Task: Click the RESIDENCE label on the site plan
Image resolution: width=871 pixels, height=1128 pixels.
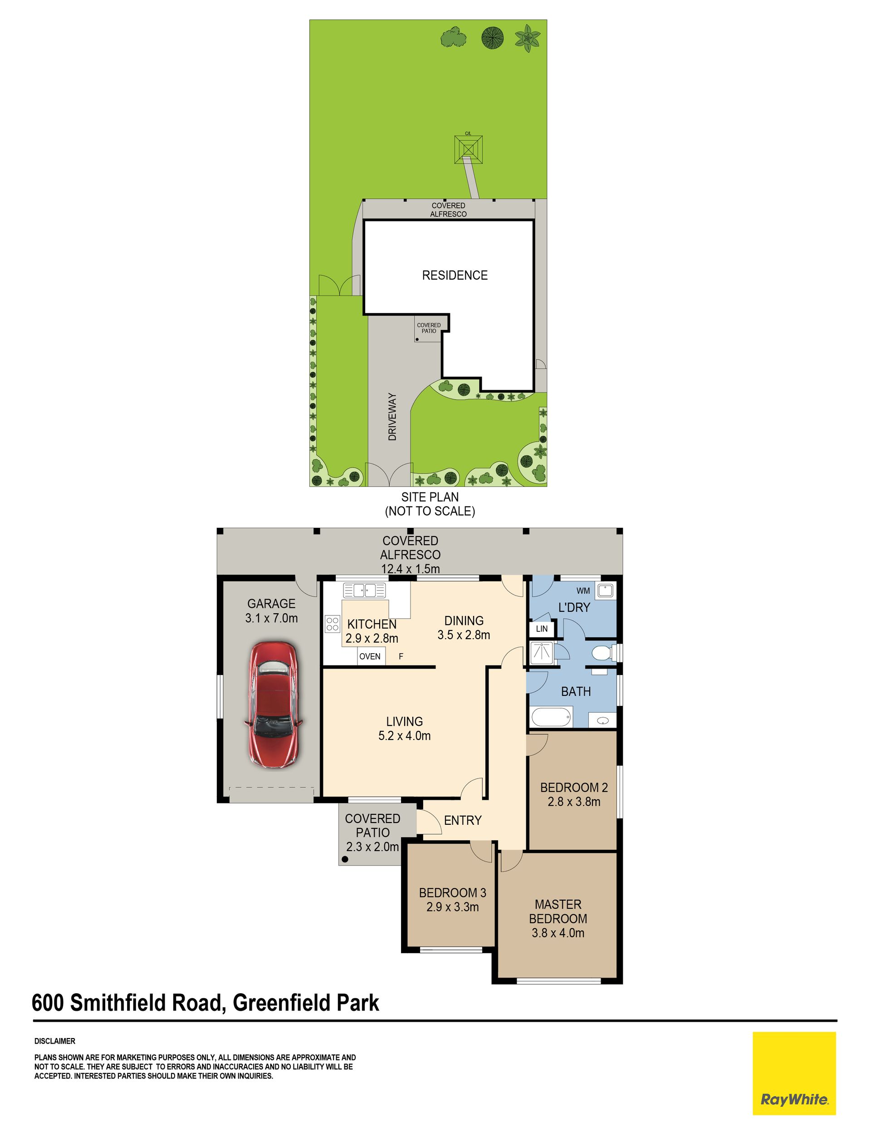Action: click(x=455, y=275)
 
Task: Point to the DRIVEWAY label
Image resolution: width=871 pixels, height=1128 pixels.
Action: click(x=392, y=417)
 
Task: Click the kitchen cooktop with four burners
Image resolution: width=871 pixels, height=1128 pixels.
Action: click(x=333, y=624)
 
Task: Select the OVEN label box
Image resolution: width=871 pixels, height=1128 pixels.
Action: click(x=370, y=656)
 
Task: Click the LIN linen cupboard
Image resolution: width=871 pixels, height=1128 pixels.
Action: click(x=542, y=629)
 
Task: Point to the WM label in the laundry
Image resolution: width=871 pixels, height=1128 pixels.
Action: click(x=583, y=591)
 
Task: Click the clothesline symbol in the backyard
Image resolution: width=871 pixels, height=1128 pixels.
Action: click(x=468, y=149)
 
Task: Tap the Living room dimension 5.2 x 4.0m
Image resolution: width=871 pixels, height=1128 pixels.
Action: click(x=404, y=736)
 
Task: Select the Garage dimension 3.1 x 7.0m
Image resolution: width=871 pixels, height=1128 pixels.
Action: click(x=272, y=618)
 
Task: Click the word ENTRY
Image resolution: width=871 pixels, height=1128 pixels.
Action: click(x=463, y=820)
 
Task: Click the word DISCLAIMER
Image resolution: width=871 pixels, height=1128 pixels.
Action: click(x=55, y=1041)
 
